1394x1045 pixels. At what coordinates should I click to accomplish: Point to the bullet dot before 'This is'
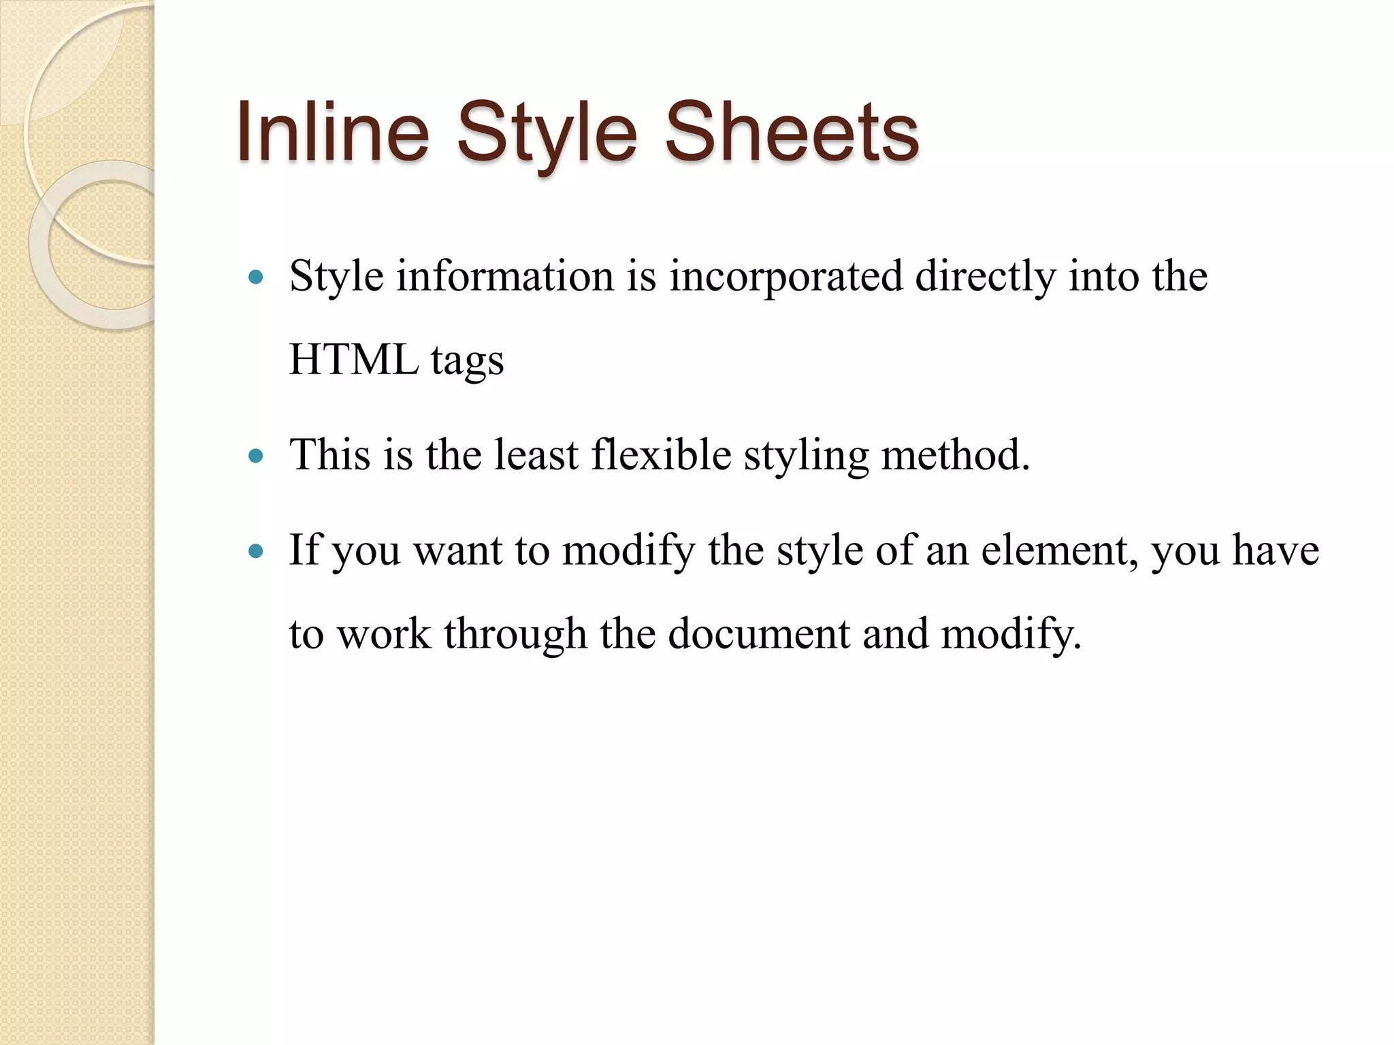pyautogui.click(x=256, y=455)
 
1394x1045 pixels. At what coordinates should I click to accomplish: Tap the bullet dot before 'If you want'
pyautogui.click(x=256, y=550)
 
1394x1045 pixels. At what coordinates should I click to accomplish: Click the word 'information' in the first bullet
pyautogui.click(x=505, y=276)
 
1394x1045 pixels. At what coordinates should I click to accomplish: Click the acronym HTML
pyautogui.click(x=354, y=359)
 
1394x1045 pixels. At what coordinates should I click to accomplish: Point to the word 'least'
pyautogui.click(x=536, y=454)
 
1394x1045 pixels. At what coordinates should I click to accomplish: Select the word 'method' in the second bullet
pyautogui.click(x=951, y=454)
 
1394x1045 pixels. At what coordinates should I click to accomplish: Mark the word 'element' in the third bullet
pyautogui.click(x=1058, y=550)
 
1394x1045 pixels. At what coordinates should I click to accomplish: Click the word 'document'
pyautogui.click(x=759, y=634)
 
